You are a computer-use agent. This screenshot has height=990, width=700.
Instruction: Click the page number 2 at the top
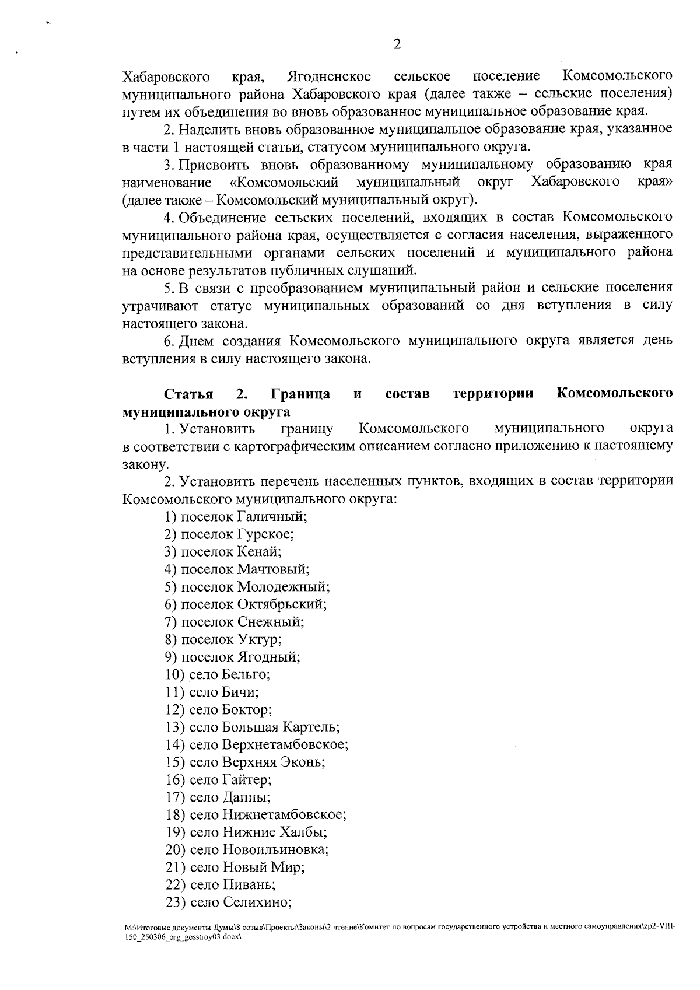(397, 44)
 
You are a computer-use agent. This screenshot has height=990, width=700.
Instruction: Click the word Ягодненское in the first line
(330, 76)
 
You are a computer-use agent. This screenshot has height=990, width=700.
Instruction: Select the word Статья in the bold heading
(188, 394)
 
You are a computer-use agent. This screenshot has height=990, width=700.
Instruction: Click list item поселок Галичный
(236, 516)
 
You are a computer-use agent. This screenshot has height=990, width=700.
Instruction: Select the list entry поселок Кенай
(223, 551)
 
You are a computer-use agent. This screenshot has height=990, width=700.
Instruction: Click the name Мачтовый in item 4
(272, 569)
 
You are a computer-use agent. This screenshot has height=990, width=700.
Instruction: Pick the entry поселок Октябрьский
(246, 604)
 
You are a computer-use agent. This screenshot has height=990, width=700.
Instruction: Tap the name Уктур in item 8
(259, 639)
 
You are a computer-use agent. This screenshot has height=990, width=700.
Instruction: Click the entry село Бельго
(218, 674)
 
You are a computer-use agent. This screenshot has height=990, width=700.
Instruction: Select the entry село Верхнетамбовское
(257, 744)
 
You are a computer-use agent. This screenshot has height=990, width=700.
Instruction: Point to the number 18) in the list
(175, 814)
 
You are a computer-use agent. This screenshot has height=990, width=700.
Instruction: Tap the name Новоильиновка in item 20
(275, 849)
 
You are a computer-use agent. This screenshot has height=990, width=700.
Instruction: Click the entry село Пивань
(220, 884)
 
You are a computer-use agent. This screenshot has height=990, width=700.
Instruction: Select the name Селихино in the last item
(257, 902)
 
